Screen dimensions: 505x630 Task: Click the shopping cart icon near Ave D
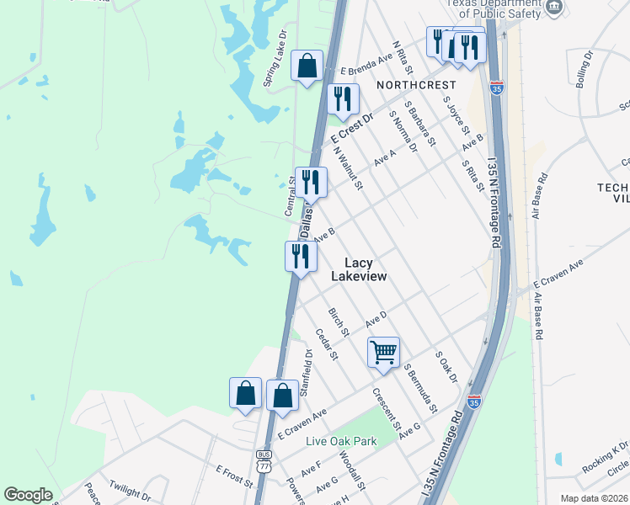click(x=383, y=352)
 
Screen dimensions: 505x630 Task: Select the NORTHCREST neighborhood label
click(x=416, y=85)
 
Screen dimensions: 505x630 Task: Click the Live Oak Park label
click(x=342, y=441)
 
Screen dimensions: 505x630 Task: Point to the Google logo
click(x=28, y=495)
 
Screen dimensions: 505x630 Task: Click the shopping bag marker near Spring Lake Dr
click(x=307, y=66)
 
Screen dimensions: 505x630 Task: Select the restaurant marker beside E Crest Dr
click(x=343, y=98)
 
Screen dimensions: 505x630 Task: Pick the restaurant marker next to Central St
click(x=311, y=182)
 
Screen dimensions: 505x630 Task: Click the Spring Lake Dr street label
click(x=275, y=60)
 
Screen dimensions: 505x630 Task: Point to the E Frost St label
click(x=234, y=476)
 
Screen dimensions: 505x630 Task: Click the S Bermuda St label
click(x=420, y=387)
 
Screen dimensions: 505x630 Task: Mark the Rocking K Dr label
click(x=605, y=457)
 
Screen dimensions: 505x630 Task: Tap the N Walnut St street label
click(x=347, y=168)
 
